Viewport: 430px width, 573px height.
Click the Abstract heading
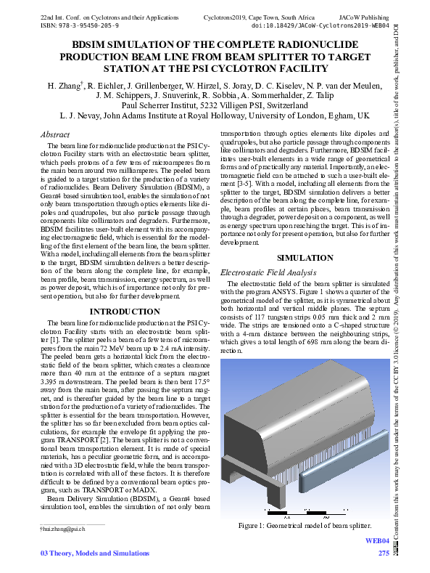tap(55, 135)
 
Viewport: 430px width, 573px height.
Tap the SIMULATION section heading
tap(305, 258)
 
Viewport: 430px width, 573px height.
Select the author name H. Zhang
tap(65, 86)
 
